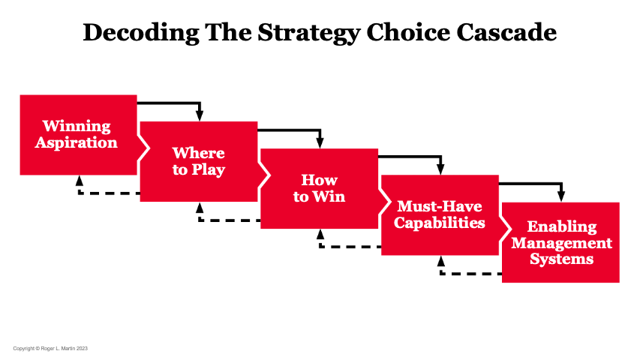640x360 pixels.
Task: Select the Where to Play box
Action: (x=199, y=161)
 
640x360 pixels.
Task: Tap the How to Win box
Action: (x=319, y=189)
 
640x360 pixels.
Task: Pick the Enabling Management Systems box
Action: (x=561, y=242)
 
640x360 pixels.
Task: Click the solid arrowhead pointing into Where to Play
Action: (x=200, y=115)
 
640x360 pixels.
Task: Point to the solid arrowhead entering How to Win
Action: (x=320, y=142)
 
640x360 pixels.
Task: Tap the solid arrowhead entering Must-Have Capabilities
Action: (x=440, y=169)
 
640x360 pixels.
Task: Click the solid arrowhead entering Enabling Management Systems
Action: (x=561, y=196)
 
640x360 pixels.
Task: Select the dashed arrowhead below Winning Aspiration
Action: (x=79, y=181)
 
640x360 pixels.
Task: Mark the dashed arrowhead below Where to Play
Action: (x=199, y=208)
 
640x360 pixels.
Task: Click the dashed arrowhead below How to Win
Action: (x=320, y=235)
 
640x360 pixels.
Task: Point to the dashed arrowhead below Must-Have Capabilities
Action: (x=440, y=262)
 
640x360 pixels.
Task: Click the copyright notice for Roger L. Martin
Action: (x=51, y=349)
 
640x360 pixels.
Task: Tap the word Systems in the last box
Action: (x=561, y=259)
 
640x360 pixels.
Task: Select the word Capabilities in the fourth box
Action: (x=440, y=223)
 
